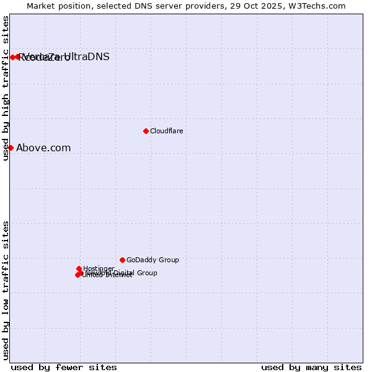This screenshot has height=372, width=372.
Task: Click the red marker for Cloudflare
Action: [x=146, y=131]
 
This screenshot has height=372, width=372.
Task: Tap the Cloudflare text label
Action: [x=166, y=131]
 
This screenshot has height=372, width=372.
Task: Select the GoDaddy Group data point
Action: [x=122, y=260]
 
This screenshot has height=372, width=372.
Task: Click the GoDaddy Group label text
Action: [x=153, y=260]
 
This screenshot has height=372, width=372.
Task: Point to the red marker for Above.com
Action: [x=11, y=148]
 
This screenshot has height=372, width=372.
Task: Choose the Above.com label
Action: [x=43, y=148]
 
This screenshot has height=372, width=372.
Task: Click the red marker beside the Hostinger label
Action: [x=79, y=269]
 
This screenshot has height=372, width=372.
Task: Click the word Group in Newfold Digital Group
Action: [x=147, y=273]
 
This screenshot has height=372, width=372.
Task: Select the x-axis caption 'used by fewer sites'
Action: [x=64, y=367]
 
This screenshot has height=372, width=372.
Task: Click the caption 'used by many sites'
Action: [x=311, y=367]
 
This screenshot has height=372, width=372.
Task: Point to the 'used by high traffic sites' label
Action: [x=6, y=88]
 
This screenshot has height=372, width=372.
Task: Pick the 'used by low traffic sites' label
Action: [x=6, y=290]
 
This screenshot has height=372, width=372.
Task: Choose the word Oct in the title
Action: [x=254, y=6]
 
